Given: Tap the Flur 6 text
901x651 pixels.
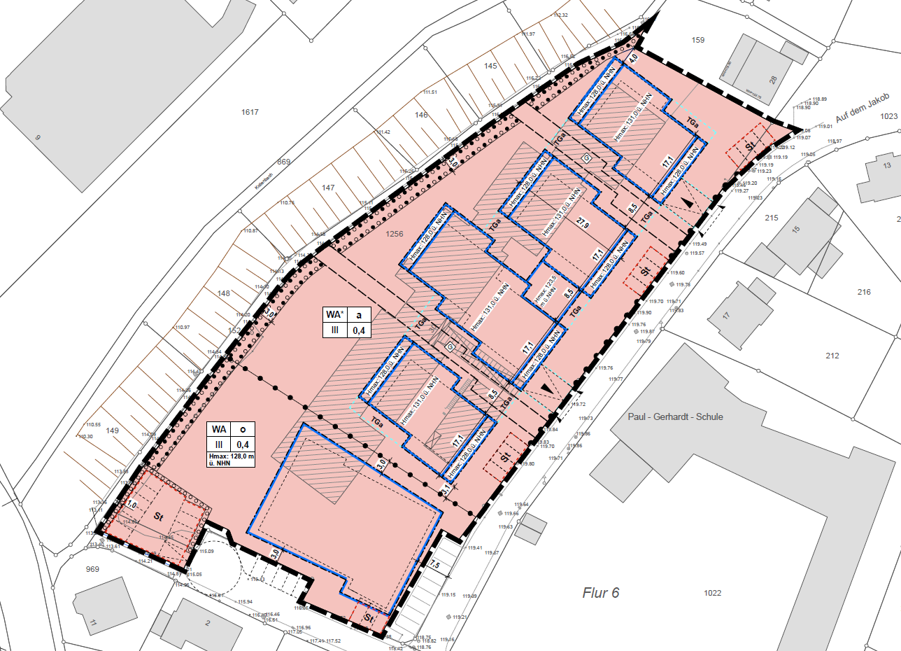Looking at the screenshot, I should click(x=601, y=593).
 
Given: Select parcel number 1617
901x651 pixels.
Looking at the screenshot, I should click(x=250, y=112).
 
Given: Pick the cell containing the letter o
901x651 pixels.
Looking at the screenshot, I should click(x=243, y=429).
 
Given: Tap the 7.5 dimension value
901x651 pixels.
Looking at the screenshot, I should click(x=434, y=564).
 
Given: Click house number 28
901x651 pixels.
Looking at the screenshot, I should click(x=772, y=80).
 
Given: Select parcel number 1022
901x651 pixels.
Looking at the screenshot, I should click(x=713, y=593).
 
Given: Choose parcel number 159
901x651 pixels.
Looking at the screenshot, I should click(x=697, y=40).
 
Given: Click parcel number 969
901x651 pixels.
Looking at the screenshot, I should click(x=92, y=568).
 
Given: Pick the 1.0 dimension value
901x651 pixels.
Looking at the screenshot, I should click(x=132, y=503).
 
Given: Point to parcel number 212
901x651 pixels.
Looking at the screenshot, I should click(x=832, y=356).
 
